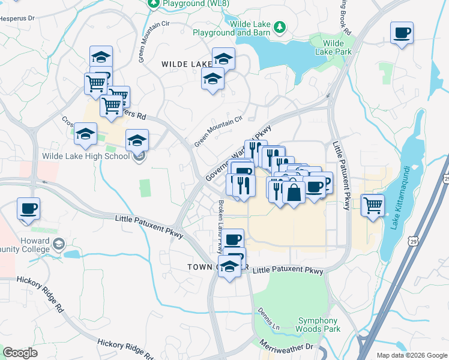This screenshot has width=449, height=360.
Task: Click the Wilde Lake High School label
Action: tap(85, 157)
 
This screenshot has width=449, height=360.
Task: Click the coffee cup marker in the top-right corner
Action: tap(402, 32)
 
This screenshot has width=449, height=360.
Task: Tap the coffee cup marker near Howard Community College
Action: tap(28, 208)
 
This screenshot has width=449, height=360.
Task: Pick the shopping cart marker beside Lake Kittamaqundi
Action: tap(373, 205)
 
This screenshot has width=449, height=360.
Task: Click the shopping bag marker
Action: tap(294, 193)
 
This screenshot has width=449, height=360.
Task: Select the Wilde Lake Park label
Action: tap(333, 47)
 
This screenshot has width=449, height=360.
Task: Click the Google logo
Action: tap(20, 353)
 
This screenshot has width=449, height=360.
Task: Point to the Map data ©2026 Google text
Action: tap(412, 355)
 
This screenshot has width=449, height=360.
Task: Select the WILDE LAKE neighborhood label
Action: tap(185, 63)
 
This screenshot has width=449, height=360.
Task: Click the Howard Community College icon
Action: tap(59, 244)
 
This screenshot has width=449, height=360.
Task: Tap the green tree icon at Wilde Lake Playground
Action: tap(279, 27)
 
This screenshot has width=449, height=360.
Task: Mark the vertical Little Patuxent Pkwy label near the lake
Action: tap(346, 176)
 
